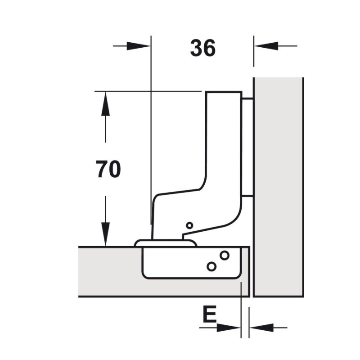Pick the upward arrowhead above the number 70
pos(105,103)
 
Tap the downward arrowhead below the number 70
pos(105,234)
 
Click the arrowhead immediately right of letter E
pos(230,327)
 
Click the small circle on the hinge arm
pos(189,225)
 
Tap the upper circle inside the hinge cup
pos(224,256)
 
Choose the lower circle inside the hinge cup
pos(211,266)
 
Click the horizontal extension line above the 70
pos(148,91)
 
